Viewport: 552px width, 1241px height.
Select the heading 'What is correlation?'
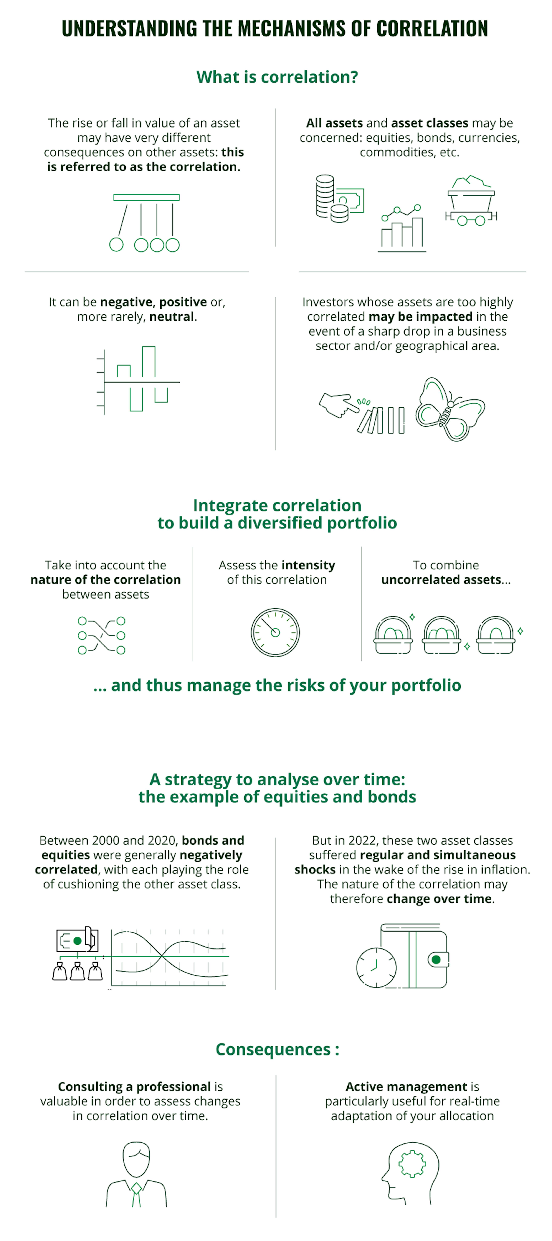point(277,77)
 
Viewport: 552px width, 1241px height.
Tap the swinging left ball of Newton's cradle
point(116,245)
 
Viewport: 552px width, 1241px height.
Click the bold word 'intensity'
point(308,565)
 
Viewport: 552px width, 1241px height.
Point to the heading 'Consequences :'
point(277,1049)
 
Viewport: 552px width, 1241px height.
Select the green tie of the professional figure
point(136,1194)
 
